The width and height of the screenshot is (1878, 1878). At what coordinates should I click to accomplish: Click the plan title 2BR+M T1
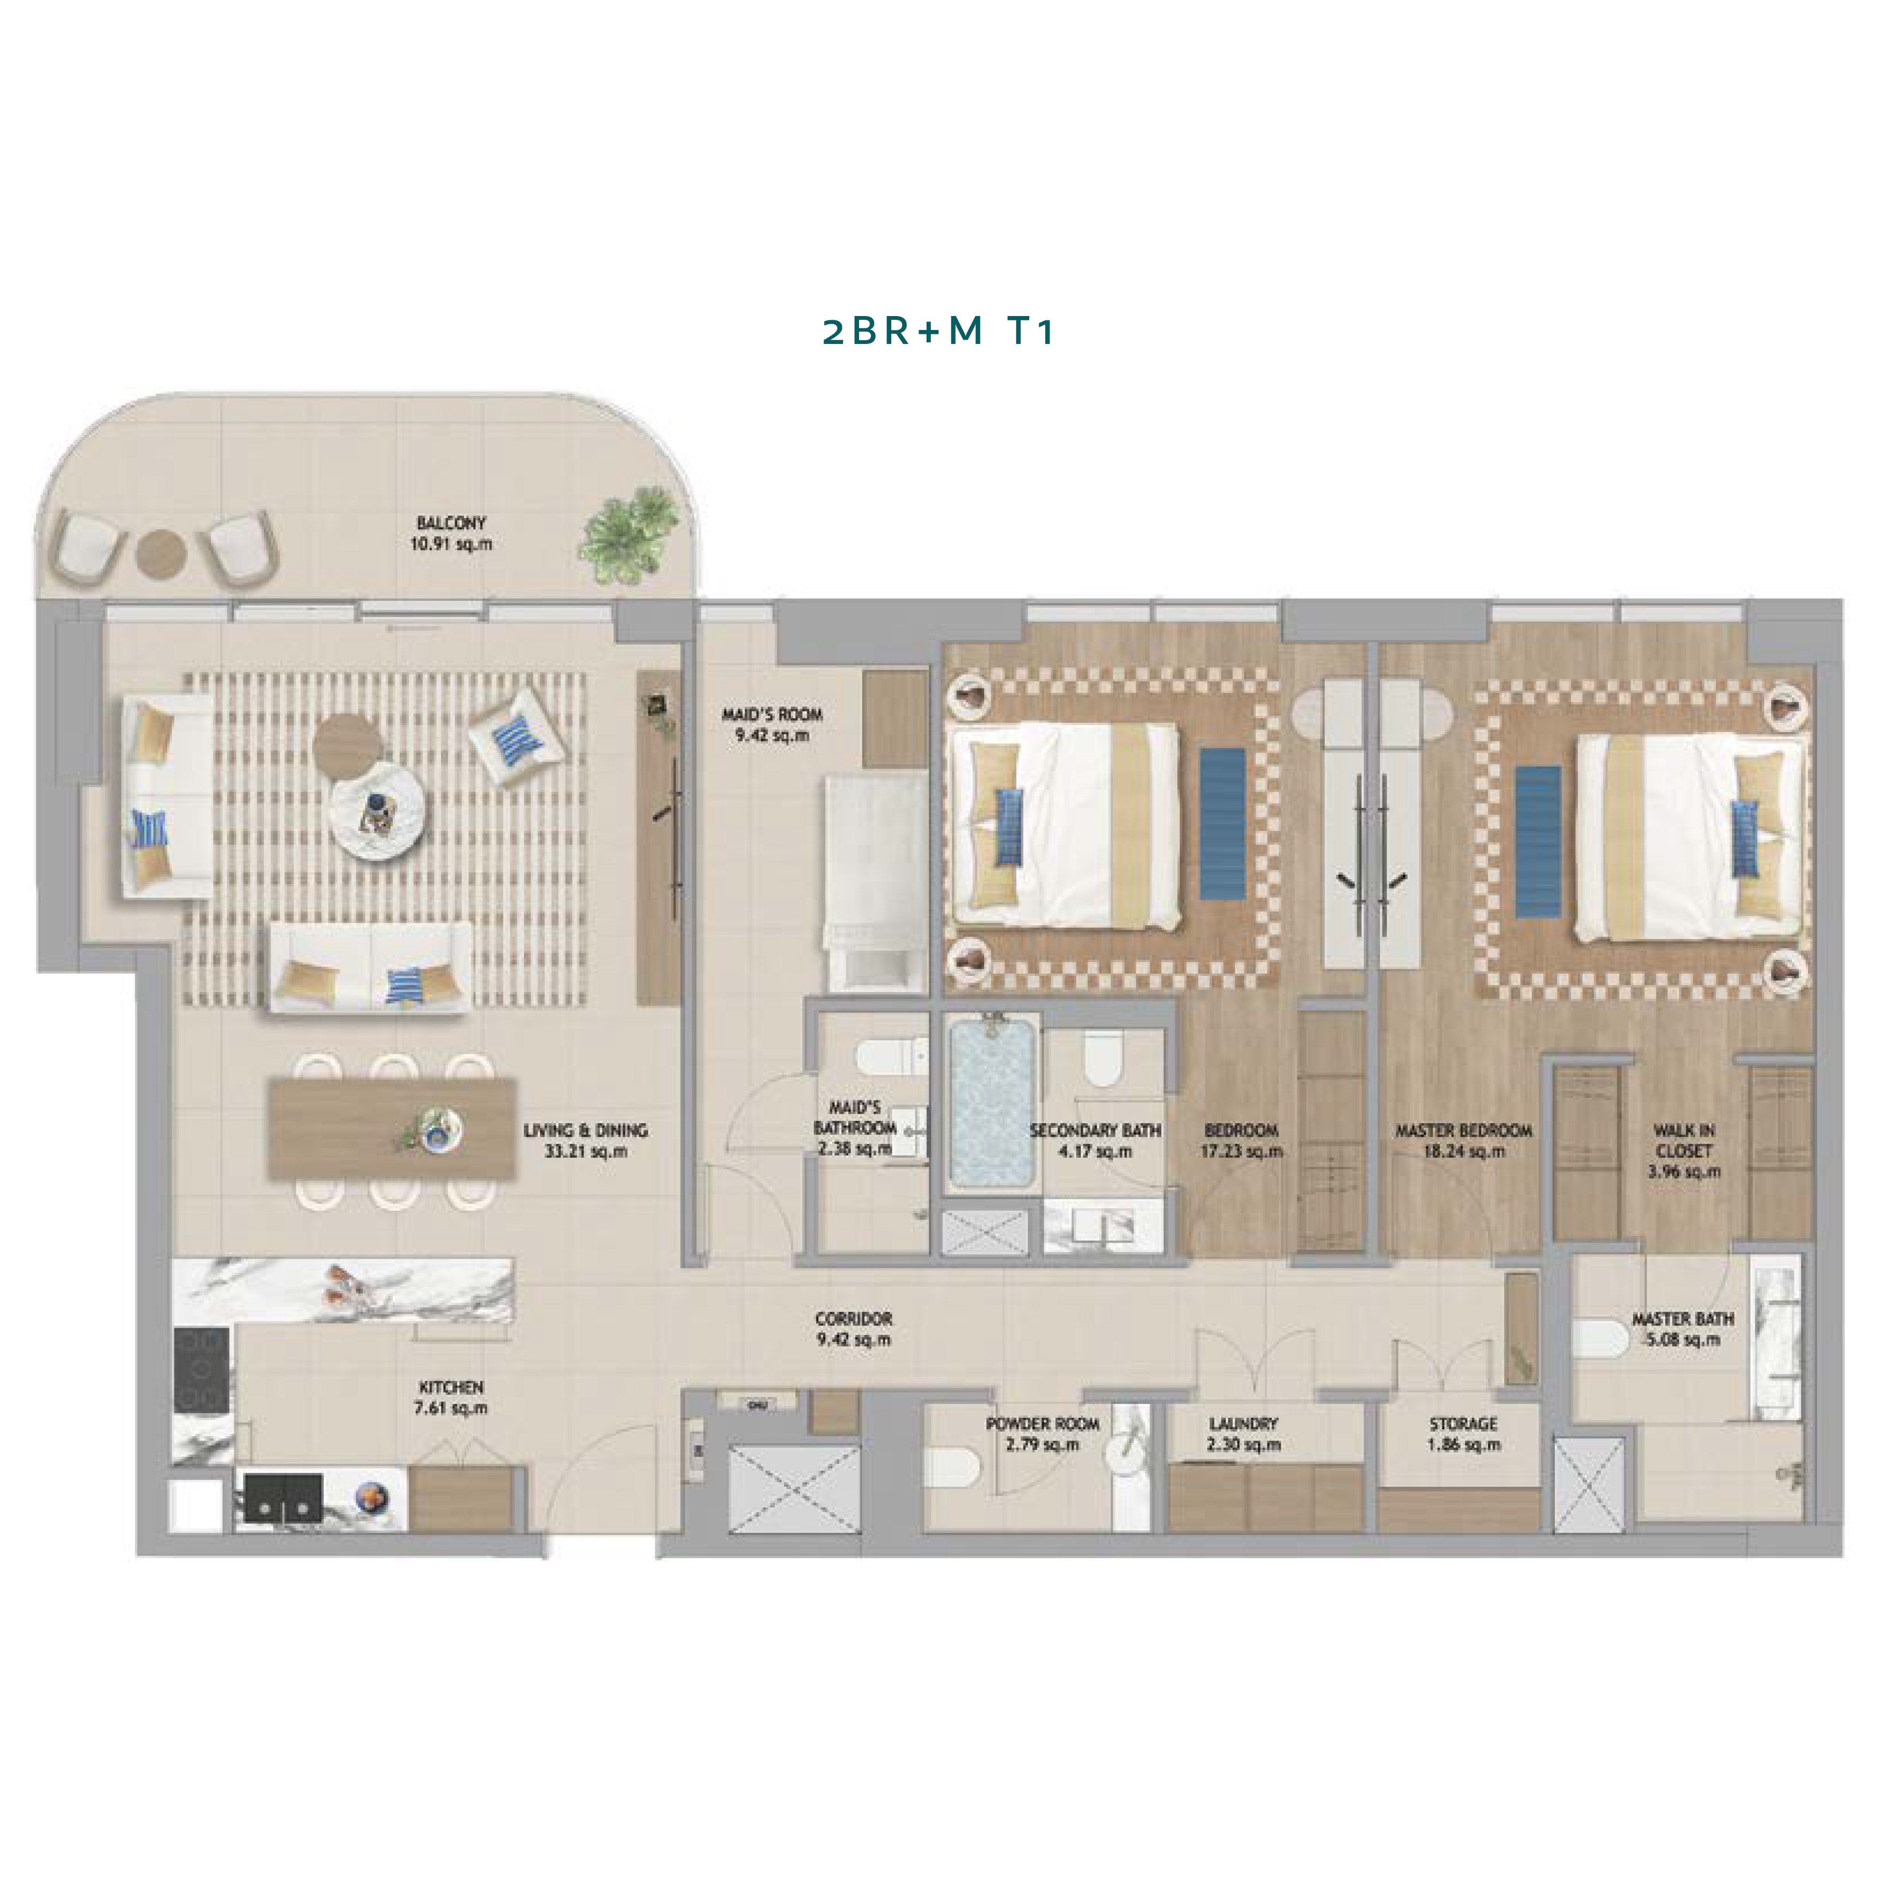(x=938, y=332)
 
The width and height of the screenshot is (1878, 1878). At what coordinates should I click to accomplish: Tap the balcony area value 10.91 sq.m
(x=451, y=544)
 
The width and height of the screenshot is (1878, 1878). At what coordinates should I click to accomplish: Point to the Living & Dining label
(x=585, y=1131)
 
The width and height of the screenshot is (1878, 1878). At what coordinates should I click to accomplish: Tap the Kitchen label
(x=451, y=1387)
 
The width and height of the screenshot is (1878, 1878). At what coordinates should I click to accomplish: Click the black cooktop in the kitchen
(x=202, y=1370)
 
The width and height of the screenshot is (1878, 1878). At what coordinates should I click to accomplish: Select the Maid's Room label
(x=772, y=715)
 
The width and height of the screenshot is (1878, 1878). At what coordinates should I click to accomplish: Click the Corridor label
(x=854, y=1319)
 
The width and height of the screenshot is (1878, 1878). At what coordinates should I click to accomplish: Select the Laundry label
(x=1243, y=1423)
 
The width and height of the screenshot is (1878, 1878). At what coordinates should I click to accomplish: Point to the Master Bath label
(x=1683, y=1319)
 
